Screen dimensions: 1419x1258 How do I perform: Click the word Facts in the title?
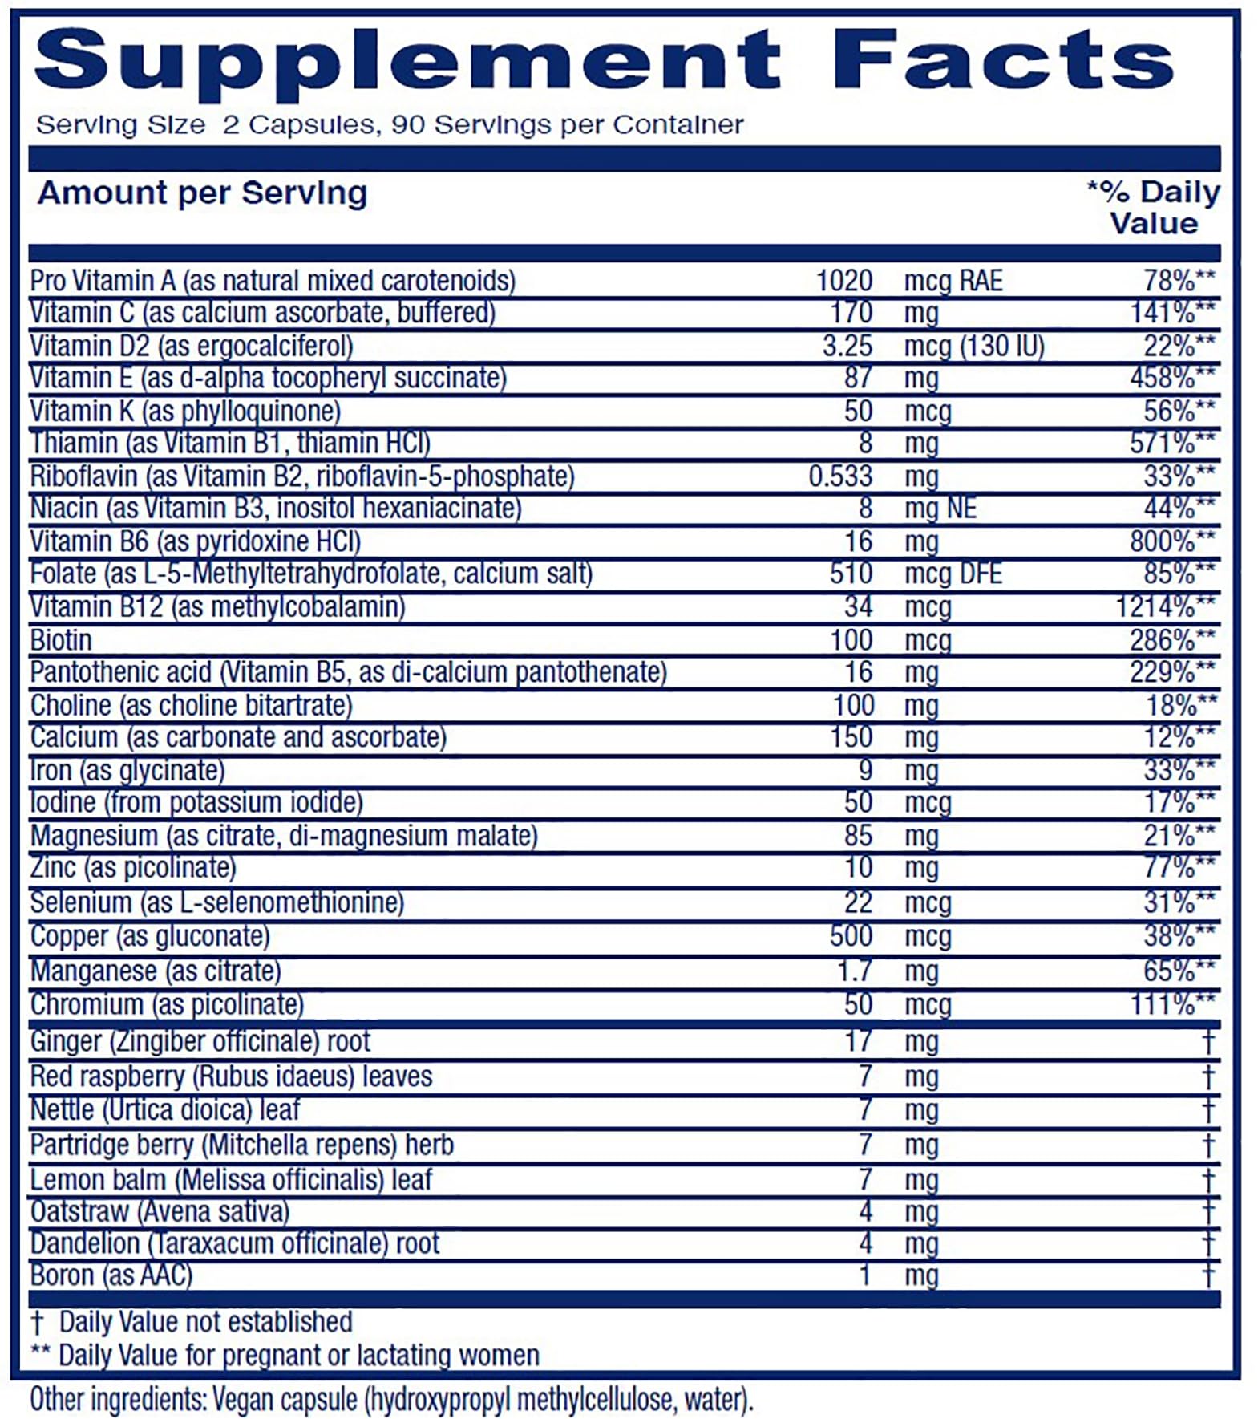coord(1002,60)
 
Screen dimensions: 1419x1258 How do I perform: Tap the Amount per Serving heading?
coord(202,193)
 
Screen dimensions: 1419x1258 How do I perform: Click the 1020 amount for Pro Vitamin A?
coord(843,281)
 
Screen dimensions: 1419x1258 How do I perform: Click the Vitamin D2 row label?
coord(191,346)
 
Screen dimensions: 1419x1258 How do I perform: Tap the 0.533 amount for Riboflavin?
coord(839,476)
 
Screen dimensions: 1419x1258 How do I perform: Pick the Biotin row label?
coord(61,640)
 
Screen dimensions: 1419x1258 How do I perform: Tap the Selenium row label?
coord(216,902)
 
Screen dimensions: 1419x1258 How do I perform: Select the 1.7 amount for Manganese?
coord(854,971)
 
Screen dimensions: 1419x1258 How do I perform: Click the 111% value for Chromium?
coord(1171,1003)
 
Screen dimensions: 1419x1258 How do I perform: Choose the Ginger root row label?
coord(200,1041)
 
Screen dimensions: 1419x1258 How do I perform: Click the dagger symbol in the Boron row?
coord(1208,1275)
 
